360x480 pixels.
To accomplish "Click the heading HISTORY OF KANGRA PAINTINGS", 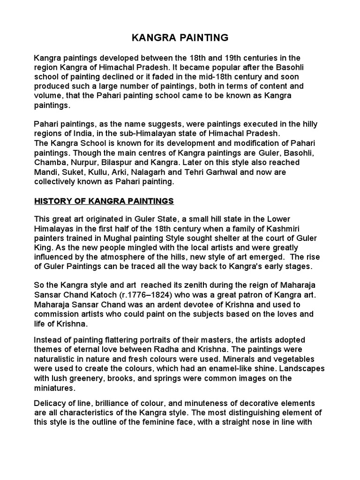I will click(104, 201).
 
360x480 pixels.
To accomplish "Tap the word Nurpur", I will click(84, 162).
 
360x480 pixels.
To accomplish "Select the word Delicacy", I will click(52, 403).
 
